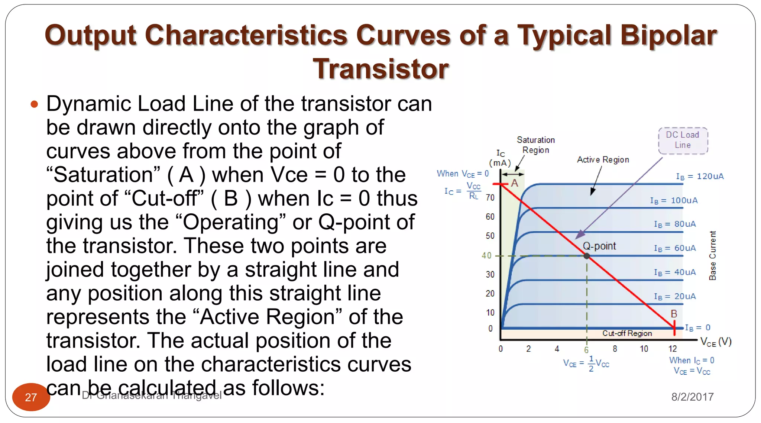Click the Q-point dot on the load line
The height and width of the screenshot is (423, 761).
(587, 256)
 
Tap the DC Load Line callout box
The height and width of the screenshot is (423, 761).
(683, 140)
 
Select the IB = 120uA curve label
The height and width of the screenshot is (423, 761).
(700, 176)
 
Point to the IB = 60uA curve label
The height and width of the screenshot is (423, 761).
(675, 248)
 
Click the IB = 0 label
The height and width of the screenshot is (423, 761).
(697, 327)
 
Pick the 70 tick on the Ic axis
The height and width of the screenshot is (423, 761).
(490, 197)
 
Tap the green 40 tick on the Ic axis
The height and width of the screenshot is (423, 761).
(486, 255)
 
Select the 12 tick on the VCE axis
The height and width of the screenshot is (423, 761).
(673, 349)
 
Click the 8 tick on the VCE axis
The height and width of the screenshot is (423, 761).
(615, 349)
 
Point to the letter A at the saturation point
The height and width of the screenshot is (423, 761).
(514, 183)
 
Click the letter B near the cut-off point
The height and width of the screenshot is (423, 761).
(674, 314)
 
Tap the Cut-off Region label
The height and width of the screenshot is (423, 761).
(627, 333)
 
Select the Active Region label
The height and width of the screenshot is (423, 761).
(603, 159)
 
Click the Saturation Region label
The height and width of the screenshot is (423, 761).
(535, 145)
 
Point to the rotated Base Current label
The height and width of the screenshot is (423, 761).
(712, 255)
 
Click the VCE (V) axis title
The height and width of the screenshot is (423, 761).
(716, 342)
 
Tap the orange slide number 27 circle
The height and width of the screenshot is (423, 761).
(31, 397)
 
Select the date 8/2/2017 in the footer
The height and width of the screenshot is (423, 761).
(692, 397)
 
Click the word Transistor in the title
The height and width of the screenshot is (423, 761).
(380, 69)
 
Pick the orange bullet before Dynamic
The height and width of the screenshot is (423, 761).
(34, 104)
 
